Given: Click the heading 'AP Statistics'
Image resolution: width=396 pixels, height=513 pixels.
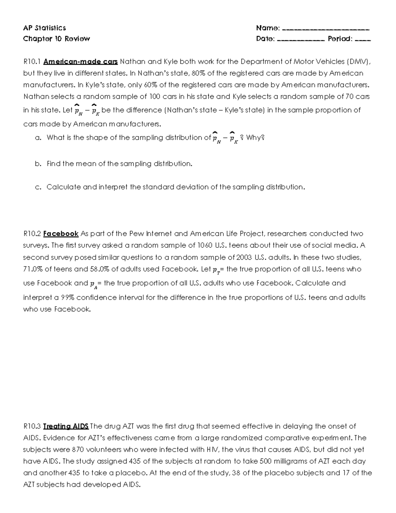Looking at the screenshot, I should pyautogui.click(x=44, y=28).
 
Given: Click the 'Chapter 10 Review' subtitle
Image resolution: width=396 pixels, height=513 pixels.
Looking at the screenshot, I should pyautogui.click(x=56, y=39).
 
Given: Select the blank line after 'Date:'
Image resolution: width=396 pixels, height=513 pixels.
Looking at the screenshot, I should pyautogui.click(x=301, y=40).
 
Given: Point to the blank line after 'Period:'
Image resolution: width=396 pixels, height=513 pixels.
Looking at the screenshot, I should pyautogui.click(x=363, y=40).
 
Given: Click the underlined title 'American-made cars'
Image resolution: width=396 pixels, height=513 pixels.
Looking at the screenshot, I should pyautogui.click(x=81, y=62).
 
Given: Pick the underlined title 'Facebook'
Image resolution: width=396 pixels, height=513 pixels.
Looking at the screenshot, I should pyautogui.click(x=61, y=234).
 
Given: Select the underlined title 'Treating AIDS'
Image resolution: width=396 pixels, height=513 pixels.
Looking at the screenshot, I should pyautogui.click(x=66, y=426).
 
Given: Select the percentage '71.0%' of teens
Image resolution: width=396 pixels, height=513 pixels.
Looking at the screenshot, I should pyautogui.click(x=33, y=269).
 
